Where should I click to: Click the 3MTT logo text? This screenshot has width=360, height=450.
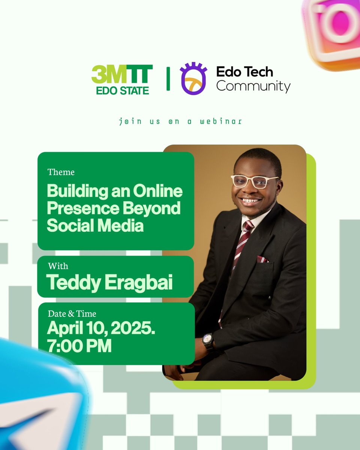[x=122, y=74]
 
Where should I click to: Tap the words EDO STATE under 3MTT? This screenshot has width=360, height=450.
[x=122, y=90]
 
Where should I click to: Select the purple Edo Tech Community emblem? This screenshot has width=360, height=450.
[x=193, y=78]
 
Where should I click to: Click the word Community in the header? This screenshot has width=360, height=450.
[x=253, y=86]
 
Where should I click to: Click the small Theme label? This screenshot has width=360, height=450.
[x=61, y=172]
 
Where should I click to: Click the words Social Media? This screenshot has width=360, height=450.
[x=95, y=226]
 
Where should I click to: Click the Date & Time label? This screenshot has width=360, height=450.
[x=72, y=313]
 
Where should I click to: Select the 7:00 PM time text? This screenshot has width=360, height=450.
[x=79, y=346]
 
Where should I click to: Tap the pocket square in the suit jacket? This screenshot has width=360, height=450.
[x=262, y=259]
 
